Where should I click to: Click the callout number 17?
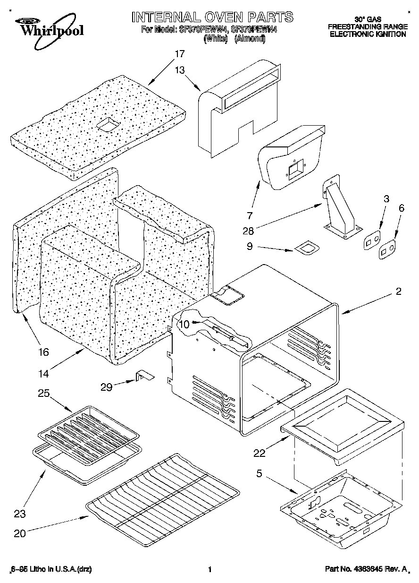tap(179, 54)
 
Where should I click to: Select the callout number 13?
tap(179, 69)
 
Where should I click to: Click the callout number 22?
tap(259, 454)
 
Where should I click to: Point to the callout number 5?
tap(260, 472)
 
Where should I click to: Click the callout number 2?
tap(399, 292)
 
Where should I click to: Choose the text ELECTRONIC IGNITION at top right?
tap(368, 34)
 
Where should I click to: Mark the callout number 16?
tap(43, 352)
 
